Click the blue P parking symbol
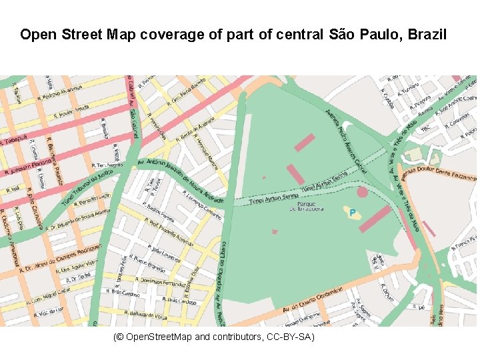[353, 213]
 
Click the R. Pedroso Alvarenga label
[60, 92]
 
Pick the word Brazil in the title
[429, 34]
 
